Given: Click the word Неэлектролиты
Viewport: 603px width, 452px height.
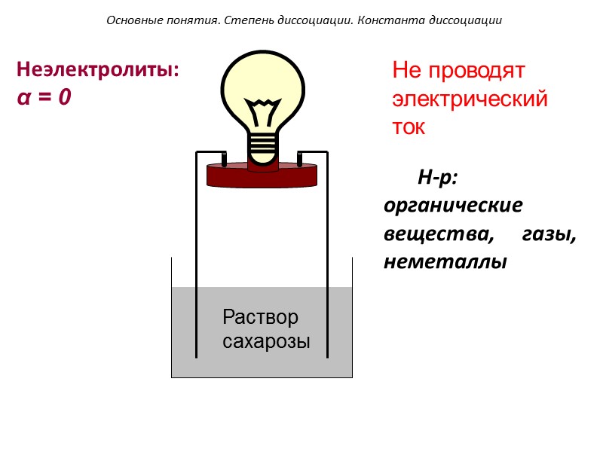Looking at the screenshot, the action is pos(97,70).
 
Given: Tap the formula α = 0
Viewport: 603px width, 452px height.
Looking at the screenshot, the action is pos(44,97).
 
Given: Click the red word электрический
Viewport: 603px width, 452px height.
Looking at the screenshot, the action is pos(469,99).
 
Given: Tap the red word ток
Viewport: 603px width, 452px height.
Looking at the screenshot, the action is pos(409,127).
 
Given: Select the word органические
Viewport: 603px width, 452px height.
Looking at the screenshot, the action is pos(452,206).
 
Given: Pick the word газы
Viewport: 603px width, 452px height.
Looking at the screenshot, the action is pos(549,234).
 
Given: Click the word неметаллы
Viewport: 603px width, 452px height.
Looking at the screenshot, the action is pos(445,262).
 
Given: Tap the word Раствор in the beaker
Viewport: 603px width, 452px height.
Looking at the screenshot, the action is pos(261,317).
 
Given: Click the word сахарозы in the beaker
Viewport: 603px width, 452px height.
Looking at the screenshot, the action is pos(267,341).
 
